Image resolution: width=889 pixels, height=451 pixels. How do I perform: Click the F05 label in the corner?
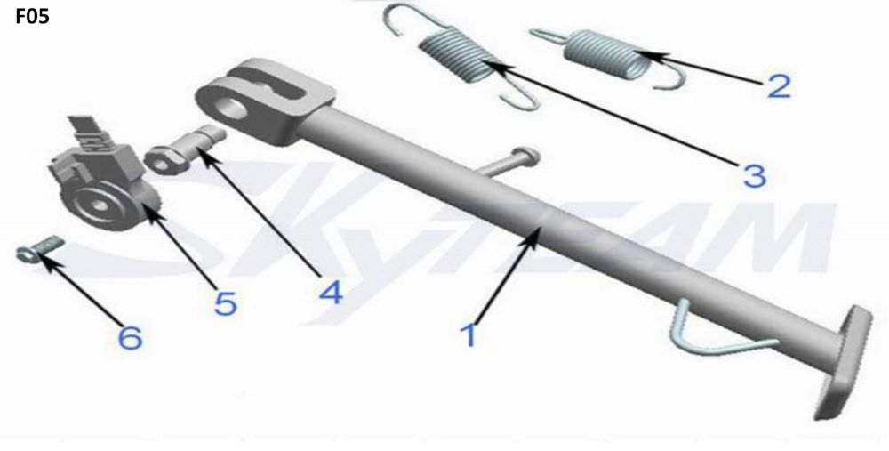(32, 16)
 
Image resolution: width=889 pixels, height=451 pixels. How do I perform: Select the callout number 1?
(469, 334)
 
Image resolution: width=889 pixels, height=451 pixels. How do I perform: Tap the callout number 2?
(779, 85)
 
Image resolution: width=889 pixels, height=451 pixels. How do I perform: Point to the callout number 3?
(755, 176)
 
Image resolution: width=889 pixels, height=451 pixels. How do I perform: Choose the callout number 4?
(331, 292)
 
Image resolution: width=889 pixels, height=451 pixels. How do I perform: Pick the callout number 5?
(225, 303)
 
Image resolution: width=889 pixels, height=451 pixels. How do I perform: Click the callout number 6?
(130, 337)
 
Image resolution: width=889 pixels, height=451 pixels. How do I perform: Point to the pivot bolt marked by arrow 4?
(184, 149)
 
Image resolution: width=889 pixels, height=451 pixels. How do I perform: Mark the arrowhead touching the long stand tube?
(532, 237)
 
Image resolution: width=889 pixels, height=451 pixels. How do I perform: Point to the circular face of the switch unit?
(102, 205)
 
